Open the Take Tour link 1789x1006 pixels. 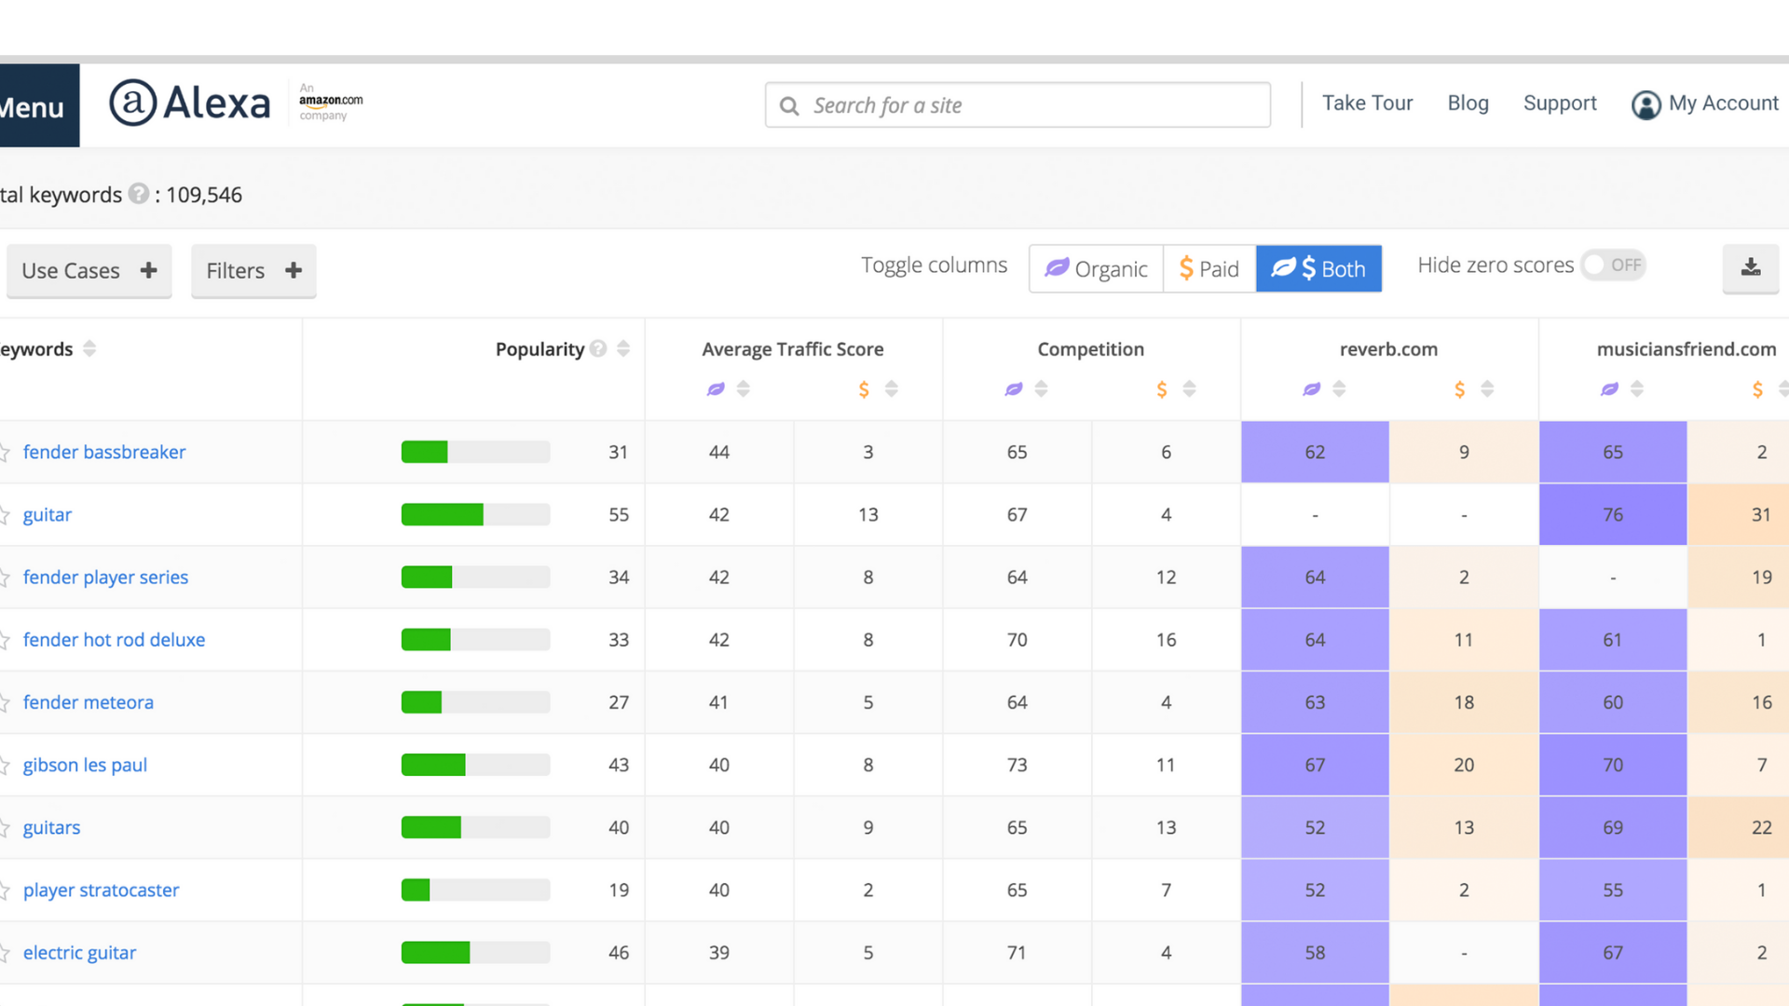point(1367,103)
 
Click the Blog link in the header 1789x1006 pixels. point(1468,103)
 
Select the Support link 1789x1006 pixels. point(1560,103)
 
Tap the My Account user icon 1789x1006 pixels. point(1646,105)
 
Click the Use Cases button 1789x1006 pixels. point(89,271)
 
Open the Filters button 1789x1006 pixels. point(253,271)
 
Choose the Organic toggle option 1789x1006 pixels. point(1096,269)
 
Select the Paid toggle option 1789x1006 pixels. point(1209,269)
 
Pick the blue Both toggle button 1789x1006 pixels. point(1318,269)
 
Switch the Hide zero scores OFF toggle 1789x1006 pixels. point(1614,265)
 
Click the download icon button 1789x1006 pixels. point(1751,268)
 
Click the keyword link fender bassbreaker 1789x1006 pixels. point(104,452)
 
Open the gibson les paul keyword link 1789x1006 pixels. point(85,765)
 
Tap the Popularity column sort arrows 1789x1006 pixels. point(623,349)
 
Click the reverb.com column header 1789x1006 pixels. point(1388,349)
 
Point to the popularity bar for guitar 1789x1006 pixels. point(475,515)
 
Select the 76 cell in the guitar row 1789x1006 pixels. point(1613,515)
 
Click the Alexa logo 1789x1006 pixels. point(190,103)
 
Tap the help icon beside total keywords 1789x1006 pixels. point(139,194)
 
